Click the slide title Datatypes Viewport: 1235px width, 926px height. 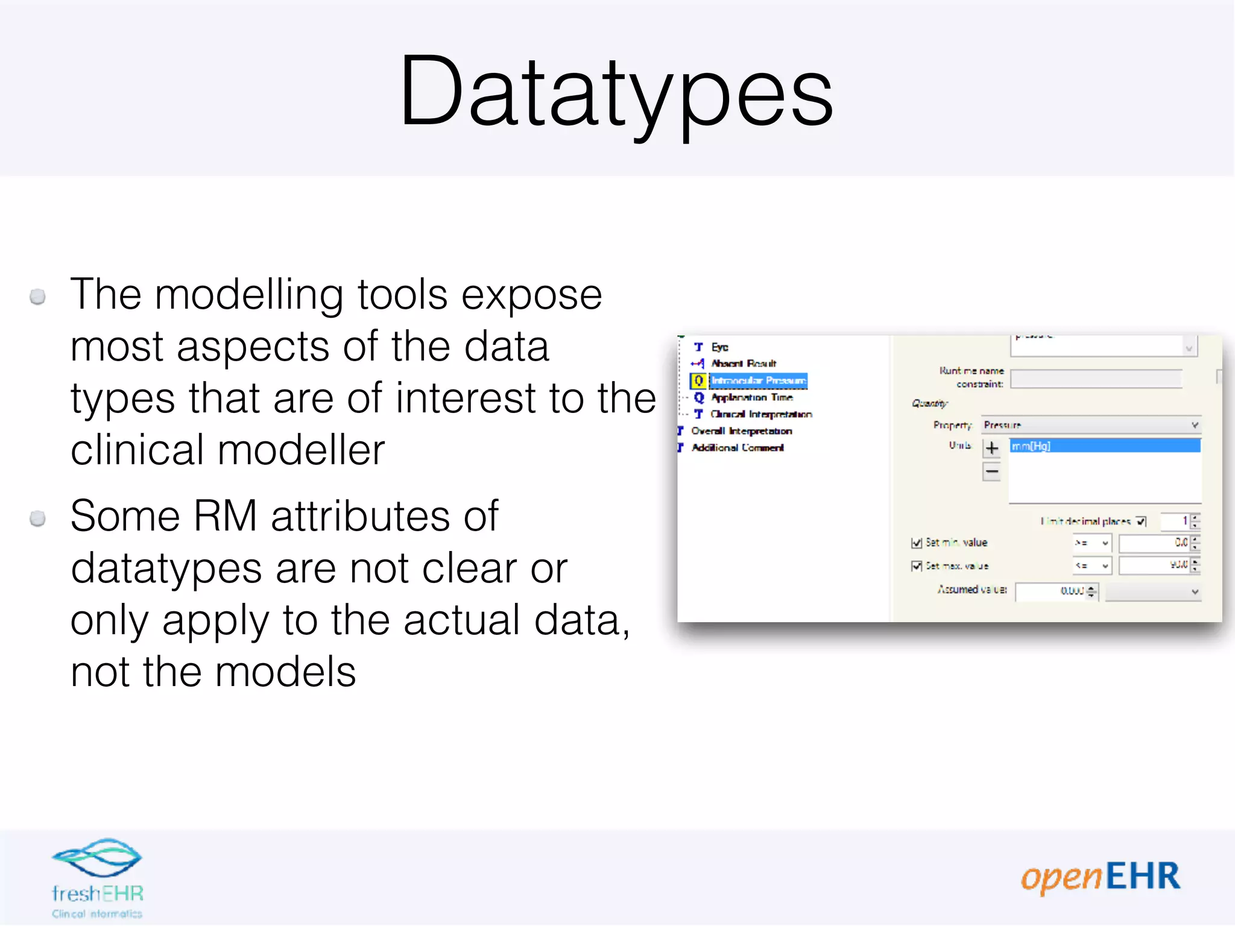[x=616, y=92]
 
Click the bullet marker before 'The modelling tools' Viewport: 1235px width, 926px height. [x=38, y=297]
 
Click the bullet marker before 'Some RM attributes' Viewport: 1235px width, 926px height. [x=38, y=518]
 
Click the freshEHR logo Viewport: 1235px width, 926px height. [x=97, y=877]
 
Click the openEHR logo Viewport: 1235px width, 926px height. [x=1100, y=877]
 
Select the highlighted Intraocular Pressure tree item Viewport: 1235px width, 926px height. [x=758, y=380]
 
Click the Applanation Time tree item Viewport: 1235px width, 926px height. [x=751, y=397]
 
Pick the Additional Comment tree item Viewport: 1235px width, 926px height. [x=737, y=447]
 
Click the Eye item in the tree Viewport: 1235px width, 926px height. [x=719, y=347]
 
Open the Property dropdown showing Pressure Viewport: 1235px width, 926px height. [x=1090, y=425]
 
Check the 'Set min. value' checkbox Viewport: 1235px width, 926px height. [x=917, y=543]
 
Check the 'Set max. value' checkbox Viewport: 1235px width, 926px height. [x=917, y=566]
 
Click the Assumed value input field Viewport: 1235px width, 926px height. [x=1050, y=591]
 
